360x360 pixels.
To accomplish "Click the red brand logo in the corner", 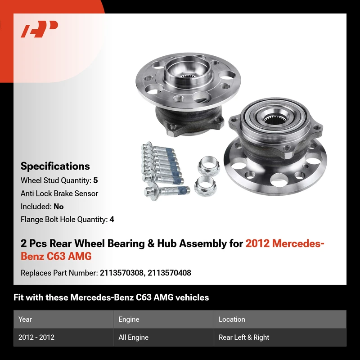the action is [x=39, y=29].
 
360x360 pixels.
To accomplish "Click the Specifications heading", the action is [x=55, y=166].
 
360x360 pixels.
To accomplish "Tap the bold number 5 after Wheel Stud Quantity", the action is [x=95, y=180].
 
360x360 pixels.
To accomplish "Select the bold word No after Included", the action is [x=58, y=207].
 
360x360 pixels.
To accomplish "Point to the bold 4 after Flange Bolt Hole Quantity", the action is [x=112, y=220].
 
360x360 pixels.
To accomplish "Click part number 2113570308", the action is [x=121, y=273].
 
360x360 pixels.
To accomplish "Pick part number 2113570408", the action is [x=170, y=273].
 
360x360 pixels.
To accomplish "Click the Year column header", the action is [x=25, y=319].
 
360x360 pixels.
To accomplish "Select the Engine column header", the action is [x=129, y=319].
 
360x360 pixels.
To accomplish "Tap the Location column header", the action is [x=232, y=319].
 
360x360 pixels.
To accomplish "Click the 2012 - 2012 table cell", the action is [x=36, y=337].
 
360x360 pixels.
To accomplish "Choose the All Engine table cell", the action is [x=133, y=337].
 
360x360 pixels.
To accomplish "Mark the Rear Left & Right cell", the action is [x=244, y=337].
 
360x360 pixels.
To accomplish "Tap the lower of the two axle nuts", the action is [x=205, y=185].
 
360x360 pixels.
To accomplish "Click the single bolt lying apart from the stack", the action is [x=167, y=192].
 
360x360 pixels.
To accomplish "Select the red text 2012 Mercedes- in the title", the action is [x=285, y=243].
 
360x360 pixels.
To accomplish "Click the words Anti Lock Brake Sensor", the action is [x=59, y=193].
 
